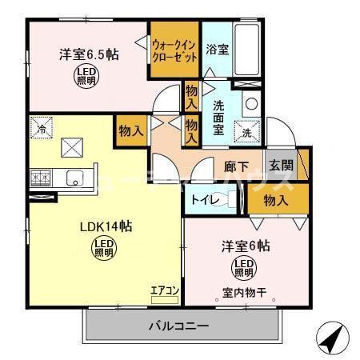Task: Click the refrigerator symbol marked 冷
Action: tap(41, 126)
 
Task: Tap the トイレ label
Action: tap(201, 199)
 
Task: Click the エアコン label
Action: tap(164, 290)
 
